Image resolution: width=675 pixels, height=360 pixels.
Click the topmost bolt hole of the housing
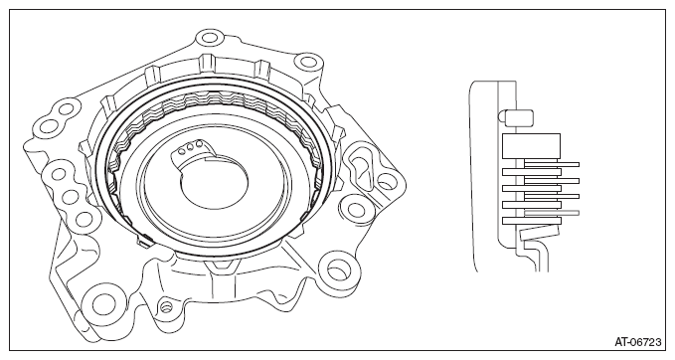[x=209, y=37]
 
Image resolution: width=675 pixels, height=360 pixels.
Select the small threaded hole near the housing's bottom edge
[x=166, y=307]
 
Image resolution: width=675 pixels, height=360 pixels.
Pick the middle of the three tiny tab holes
[x=192, y=146]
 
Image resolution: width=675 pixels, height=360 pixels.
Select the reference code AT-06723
[x=637, y=343]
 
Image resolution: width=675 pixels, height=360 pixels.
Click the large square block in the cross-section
[x=531, y=145]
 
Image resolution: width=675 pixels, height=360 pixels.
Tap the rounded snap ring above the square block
[x=516, y=116]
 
